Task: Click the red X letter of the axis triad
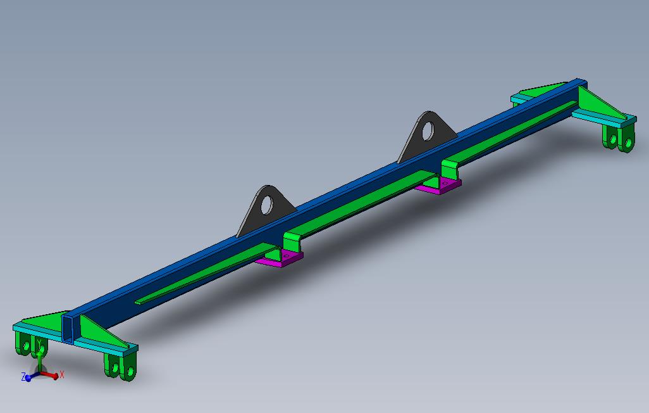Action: tap(62, 375)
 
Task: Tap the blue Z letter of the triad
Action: tap(23, 377)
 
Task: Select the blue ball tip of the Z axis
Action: tap(28, 378)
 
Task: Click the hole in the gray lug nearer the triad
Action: tap(267, 205)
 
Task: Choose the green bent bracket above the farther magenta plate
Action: tap(452, 168)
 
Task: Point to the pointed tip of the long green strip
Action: tap(138, 302)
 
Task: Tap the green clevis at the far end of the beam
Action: tap(618, 139)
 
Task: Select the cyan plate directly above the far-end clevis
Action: tap(601, 119)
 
